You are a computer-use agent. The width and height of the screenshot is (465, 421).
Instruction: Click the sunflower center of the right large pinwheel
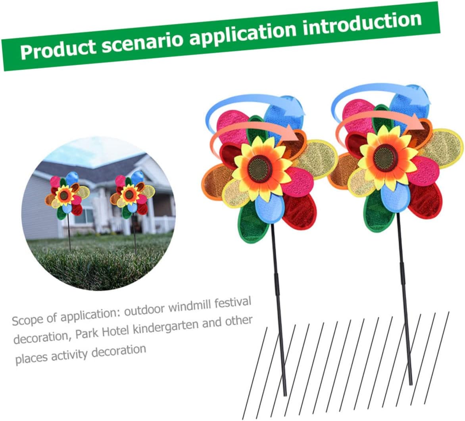coord(386,156)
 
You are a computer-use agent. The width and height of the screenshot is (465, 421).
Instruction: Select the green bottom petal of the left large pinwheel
coord(252,223)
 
